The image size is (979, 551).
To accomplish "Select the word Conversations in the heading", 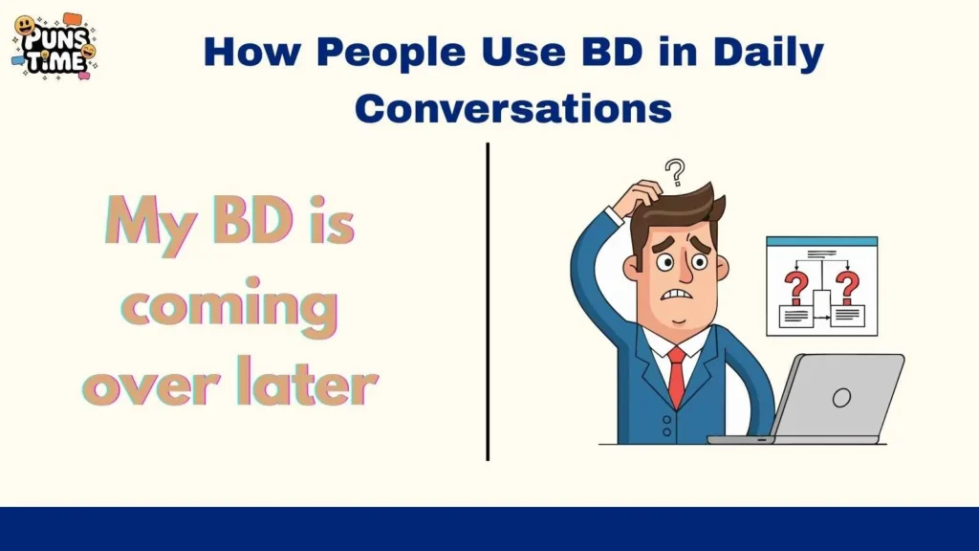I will click(512, 108).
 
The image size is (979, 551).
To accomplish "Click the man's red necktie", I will click(676, 375).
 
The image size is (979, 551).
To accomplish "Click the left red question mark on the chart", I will click(794, 285).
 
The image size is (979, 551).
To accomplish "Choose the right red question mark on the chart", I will click(847, 285).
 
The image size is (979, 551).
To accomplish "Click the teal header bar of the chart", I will click(821, 242).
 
